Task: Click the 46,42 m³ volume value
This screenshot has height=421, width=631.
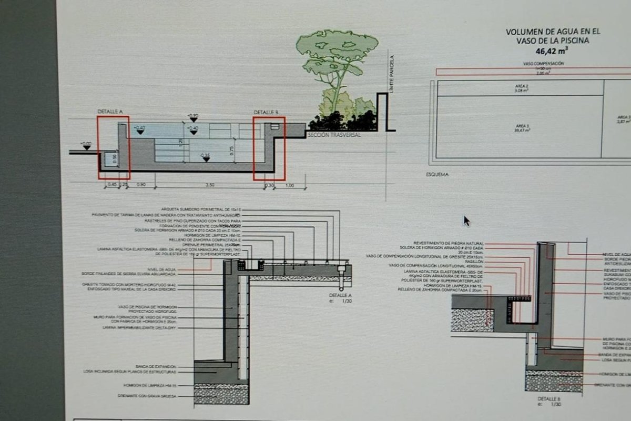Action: pyautogui.click(x=552, y=51)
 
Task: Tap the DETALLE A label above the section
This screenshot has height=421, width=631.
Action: pyautogui.click(x=110, y=112)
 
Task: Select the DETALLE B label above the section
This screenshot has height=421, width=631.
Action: pyautogui.click(x=266, y=112)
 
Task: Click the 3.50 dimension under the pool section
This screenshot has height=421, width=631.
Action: pyautogui.click(x=209, y=185)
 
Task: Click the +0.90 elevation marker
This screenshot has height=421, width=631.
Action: pyautogui.click(x=193, y=115)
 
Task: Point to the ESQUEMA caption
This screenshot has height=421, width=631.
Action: pyautogui.click(x=437, y=174)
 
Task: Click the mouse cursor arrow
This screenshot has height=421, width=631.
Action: pyautogui.click(x=466, y=220)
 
